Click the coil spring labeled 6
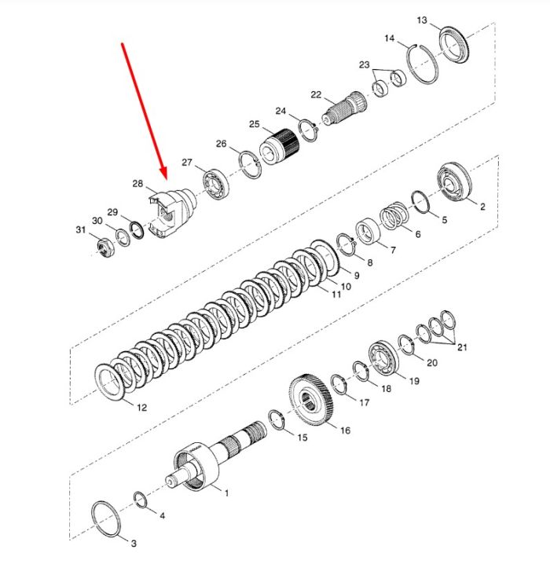pyautogui.click(x=395, y=216)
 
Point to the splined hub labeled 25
pyautogui.click(x=280, y=147)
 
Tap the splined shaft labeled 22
pyautogui.click(x=344, y=108)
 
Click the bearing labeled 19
pyautogui.click(x=384, y=357)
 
